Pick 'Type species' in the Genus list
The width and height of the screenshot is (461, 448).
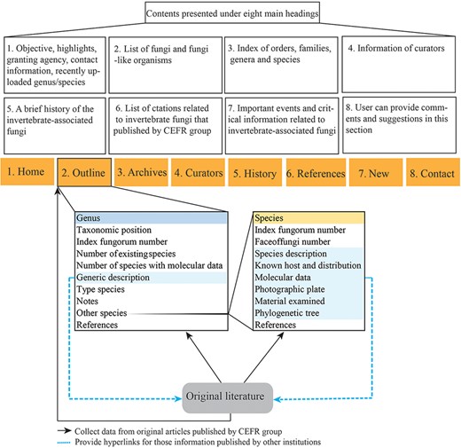[101, 289]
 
